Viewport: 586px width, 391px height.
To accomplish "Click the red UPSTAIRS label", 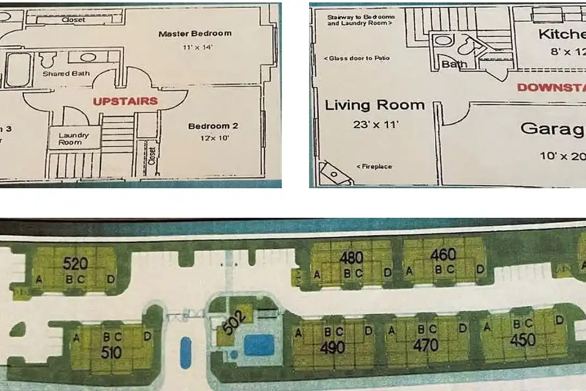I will (x=125, y=101).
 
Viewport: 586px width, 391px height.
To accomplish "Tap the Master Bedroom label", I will (x=194, y=34).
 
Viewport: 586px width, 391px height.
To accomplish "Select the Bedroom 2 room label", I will (x=213, y=127).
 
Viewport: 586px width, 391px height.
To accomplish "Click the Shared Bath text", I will (x=66, y=73).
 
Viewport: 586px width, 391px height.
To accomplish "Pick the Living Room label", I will (x=374, y=105).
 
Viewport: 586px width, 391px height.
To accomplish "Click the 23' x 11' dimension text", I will (x=375, y=124).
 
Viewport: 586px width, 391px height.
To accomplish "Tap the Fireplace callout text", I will (x=374, y=166).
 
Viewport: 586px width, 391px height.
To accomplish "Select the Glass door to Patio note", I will (x=356, y=58).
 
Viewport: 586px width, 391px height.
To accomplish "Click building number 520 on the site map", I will (x=75, y=264).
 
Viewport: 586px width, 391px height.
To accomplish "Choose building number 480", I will (x=351, y=257).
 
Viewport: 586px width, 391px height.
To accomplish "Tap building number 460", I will (x=443, y=254).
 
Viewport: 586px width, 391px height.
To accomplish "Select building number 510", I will (x=111, y=352).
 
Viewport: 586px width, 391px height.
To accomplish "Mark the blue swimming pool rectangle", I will (x=258, y=345).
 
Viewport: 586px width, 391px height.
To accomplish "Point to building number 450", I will (x=523, y=340).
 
